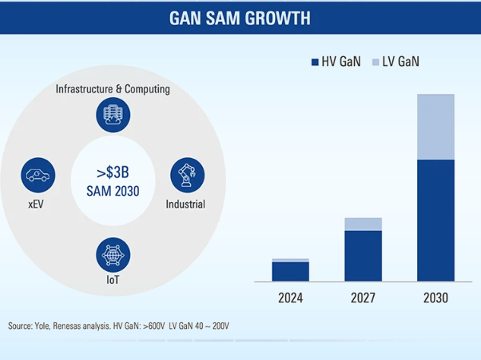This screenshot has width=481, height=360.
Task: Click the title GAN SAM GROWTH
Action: coord(240,17)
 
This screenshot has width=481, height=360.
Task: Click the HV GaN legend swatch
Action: coord(315,62)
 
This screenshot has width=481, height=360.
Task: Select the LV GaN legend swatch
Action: coord(376,62)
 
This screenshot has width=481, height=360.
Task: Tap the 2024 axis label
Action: coord(290,298)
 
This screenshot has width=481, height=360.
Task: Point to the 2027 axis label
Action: coord(363,298)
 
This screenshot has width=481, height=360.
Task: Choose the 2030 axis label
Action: coord(435,298)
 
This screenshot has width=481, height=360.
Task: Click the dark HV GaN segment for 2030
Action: coord(435,220)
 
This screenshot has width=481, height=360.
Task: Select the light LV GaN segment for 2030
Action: coord(435,127)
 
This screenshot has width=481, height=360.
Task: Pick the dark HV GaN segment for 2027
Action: coord(363,256)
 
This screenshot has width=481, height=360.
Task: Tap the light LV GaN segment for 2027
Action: coord(363,224)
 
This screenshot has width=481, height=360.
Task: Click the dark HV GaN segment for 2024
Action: coord(290,271)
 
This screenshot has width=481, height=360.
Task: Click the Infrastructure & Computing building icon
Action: coord(112,115)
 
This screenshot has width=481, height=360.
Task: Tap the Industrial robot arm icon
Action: coord(185,175)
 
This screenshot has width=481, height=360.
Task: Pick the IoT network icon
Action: coord(112,254)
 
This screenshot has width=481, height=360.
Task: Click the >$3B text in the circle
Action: coord(112,170)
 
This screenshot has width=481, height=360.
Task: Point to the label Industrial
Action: coord(185,204)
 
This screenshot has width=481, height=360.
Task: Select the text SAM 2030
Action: coord(112,191)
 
